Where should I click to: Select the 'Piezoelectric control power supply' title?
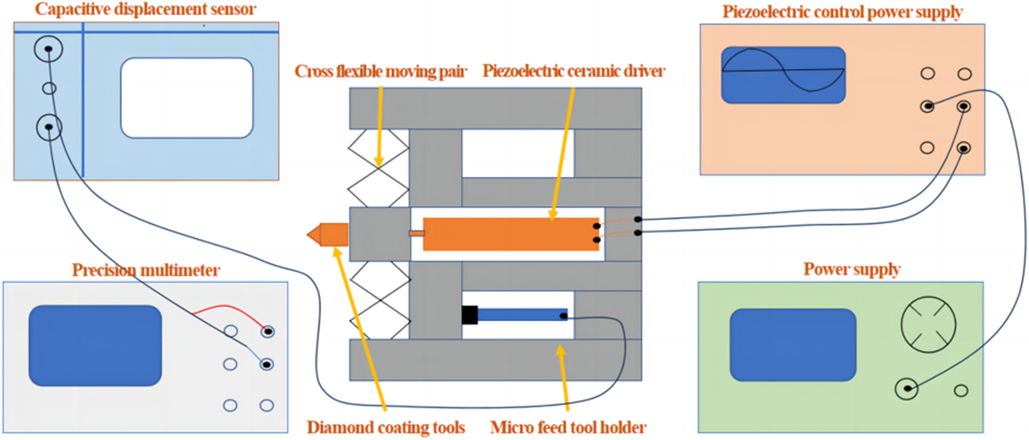coord(842,12)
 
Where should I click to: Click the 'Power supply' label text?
coord(852,270)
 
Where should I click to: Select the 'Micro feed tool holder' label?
coord(569,427)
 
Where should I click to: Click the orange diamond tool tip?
coord(328,235)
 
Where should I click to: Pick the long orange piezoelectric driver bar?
coord(508,234)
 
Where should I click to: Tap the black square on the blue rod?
coord(469,315)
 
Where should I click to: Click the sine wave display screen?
coord(783,75)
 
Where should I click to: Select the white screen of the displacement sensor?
coord(187,98)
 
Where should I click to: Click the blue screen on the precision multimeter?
coord(94,346)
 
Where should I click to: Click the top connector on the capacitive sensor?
coord(49,49)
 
